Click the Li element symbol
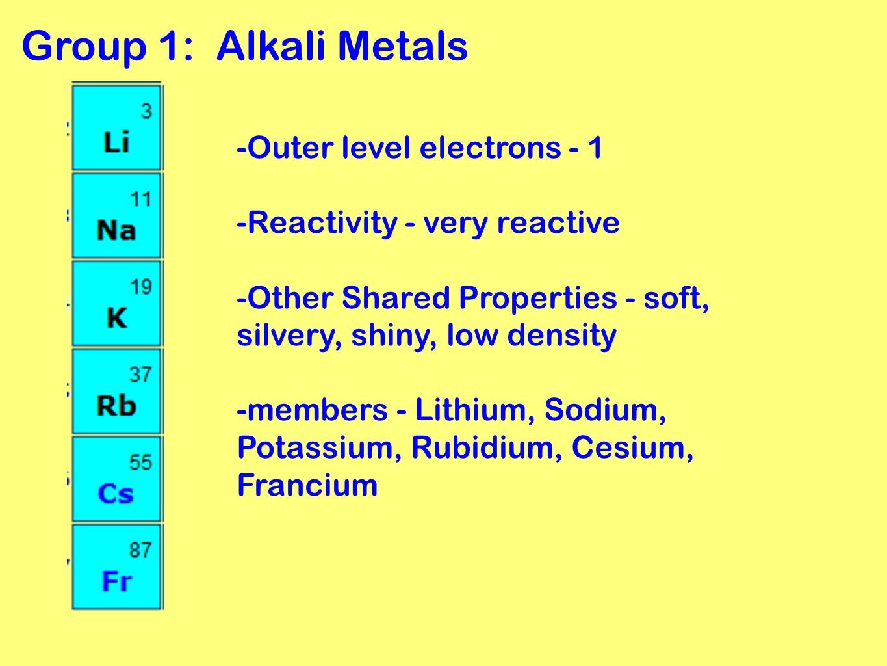tap(117, 142)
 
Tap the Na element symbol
tap(116, 230)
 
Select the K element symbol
tap(117, 318)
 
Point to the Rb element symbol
tap(116, 406)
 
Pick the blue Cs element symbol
tap(116, 494)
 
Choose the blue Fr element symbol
tap(117, 581)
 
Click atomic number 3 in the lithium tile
tap(146, 111)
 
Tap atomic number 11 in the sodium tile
tap(140, 199)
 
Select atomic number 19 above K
tap(140, 287)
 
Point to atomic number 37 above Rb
tap(140, 375)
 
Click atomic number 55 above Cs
tap(140, 462)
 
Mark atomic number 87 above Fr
tap(140, 550)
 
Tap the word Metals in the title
tap(402, 47)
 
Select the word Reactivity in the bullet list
tap(322, 223)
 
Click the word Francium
tap(307, 485)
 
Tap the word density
tap(561, 336)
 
